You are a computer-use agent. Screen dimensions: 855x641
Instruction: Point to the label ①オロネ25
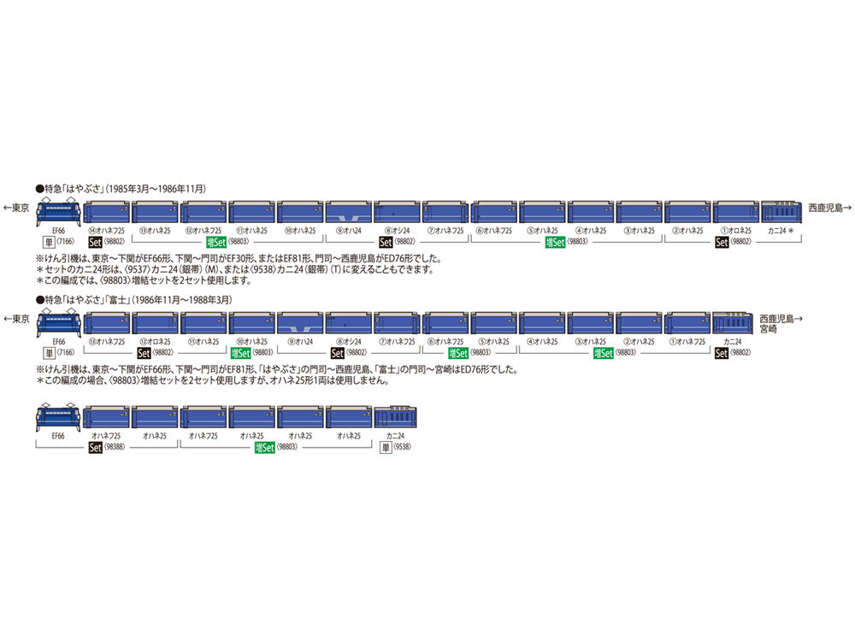point(734,231)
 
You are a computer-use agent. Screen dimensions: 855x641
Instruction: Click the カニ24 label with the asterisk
point(783,231)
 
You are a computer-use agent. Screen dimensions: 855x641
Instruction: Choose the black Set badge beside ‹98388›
point(96,446)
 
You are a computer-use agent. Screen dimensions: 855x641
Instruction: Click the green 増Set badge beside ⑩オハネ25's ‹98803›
point(239,351)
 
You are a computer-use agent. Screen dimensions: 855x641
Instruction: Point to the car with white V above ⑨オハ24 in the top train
point(348,210)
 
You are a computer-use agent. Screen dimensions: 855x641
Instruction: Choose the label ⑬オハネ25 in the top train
point(155,231)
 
